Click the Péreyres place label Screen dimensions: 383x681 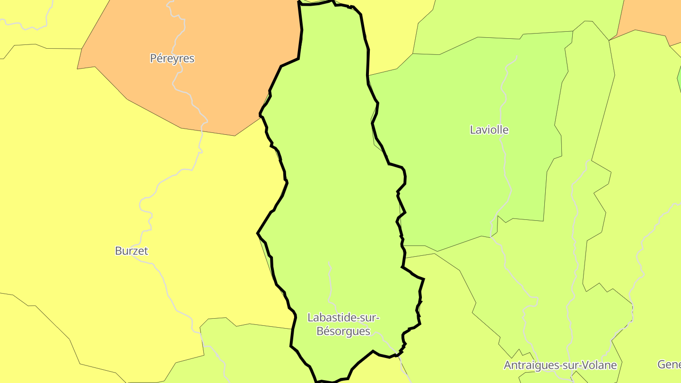click(x=172, y=59)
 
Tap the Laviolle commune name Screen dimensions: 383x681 click(x=489, y=130)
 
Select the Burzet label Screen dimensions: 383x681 click(x=131, y=251)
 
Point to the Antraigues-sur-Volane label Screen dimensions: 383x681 click(x=560, y=365)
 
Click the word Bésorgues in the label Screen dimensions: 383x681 click(x=343, y=331)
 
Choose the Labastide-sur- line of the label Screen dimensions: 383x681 click(x=343, y=317)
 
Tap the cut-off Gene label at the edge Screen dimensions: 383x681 click(x=669, y=364)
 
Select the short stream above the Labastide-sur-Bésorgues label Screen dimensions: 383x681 click(x=330, y=279)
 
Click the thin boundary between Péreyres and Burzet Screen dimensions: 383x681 click(x=151, y=113)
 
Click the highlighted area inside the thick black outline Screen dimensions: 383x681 click(x=331, y=189)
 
